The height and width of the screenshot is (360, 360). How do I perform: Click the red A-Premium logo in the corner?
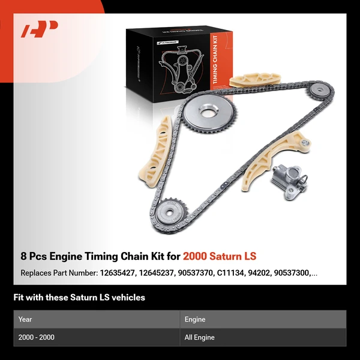[40, 29]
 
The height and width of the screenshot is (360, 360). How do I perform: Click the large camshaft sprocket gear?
[208, 112]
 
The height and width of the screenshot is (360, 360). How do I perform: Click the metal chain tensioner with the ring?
[287, 180]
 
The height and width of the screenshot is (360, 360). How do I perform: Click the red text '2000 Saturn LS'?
[220, 257]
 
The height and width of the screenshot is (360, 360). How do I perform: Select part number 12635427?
[121, 274]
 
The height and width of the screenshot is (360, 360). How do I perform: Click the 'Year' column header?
[25, 320]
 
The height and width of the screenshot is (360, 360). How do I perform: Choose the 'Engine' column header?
[196, 320]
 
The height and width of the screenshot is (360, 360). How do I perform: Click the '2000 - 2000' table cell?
[37, 338]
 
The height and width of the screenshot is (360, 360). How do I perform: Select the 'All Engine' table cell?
[200, 338]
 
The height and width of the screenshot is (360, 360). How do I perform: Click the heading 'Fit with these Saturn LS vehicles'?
[79, 298]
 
